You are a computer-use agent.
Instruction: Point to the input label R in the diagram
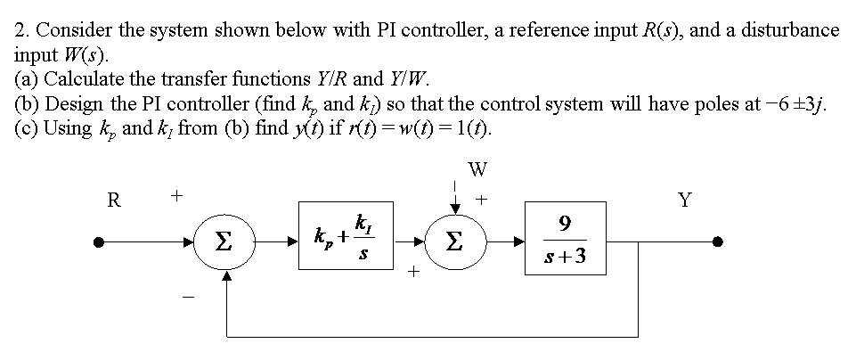point(113,200)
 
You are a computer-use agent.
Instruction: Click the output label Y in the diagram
point(683,200)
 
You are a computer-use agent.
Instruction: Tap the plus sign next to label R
point(176,193)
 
